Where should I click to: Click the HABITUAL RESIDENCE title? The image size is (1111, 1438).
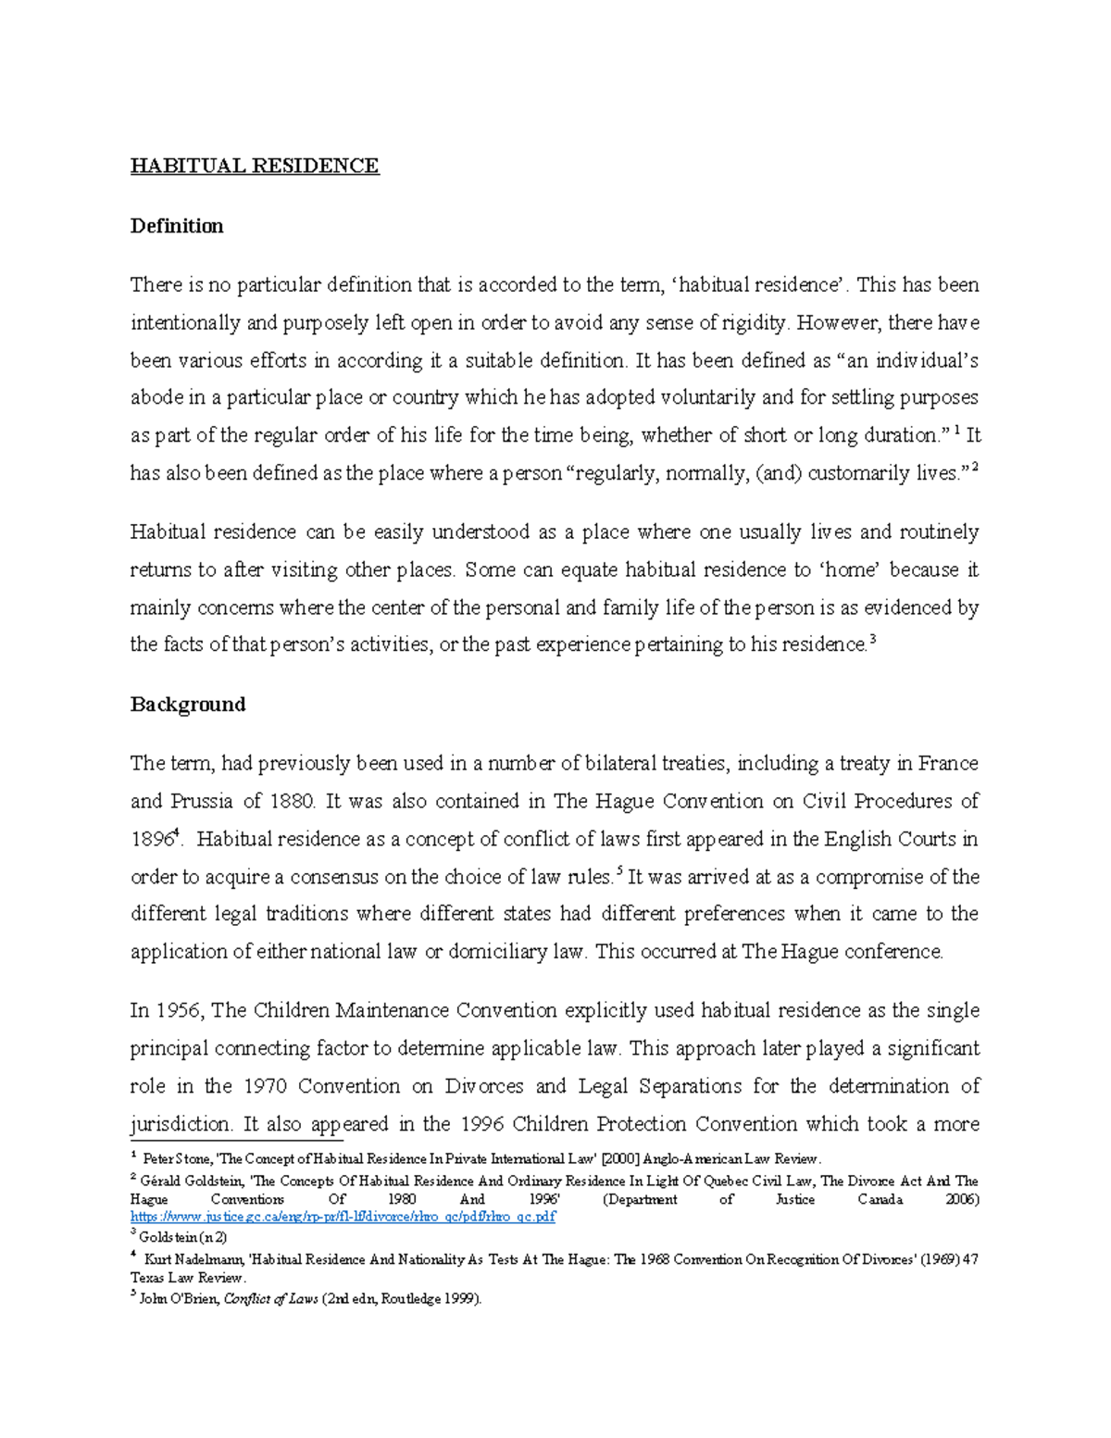click(x=255, y=166)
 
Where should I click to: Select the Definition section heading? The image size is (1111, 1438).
click(x=177, y=226)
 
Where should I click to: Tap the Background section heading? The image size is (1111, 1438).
click(x=188, y=705)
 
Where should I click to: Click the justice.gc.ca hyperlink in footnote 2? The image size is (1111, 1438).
click(x=343, y=1217)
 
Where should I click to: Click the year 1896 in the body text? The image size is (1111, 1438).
click(x=151, y=840)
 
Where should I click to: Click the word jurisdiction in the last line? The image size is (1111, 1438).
click(x=181, y=1124)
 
